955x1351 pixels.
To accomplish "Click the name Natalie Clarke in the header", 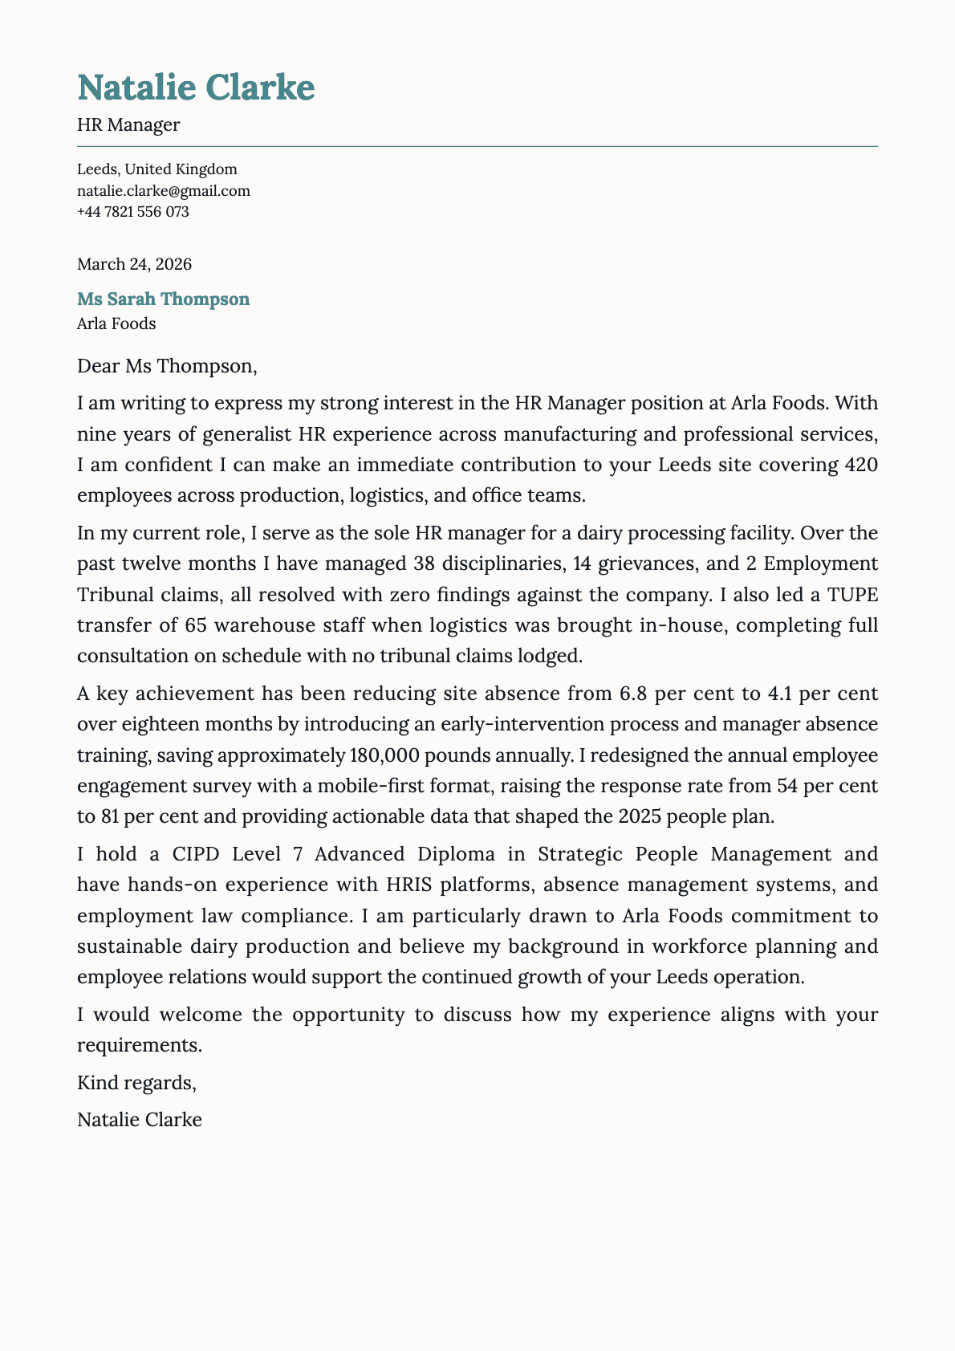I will (x=196, y=87).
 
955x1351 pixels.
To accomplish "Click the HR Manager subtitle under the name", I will (x=128, y=124).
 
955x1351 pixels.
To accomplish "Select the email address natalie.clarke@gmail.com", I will (x=163, y=191).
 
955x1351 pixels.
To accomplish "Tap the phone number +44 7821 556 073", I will (x=132, y=212).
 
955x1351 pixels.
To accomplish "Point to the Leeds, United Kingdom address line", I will (x=156, y=169).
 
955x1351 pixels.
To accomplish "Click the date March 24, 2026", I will (x=134, y=264).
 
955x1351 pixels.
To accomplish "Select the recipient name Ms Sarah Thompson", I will (x=163, y=299).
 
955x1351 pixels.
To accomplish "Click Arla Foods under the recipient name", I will (x=116, y=324).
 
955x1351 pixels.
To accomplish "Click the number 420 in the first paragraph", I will (x=856, y=465).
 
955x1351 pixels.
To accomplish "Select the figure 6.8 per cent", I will (x=665, y=694).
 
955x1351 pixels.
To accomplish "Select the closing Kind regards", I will (x=136, y=1083).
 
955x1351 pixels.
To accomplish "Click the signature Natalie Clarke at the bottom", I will (x=140, y=1120).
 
